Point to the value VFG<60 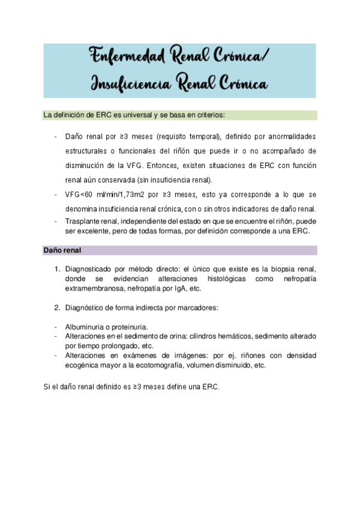pyautogui.click(x=78, y=195)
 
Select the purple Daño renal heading pyautogui.click(x=62, y=250)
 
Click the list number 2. pyautogui.click(x=57, y=308)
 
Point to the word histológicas pyautogui.click(x=216, y=279)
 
